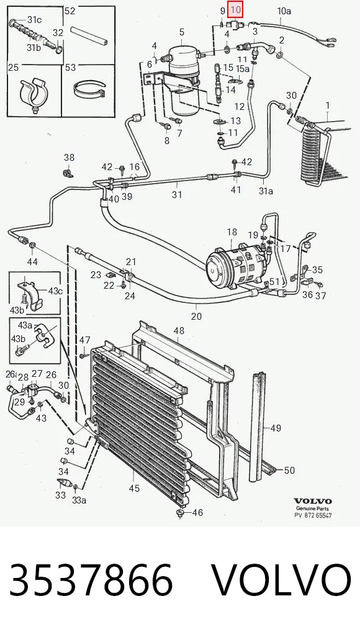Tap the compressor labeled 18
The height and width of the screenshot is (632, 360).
(236, 266)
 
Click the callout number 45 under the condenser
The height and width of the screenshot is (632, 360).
(134, 488)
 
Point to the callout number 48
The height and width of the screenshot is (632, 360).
(179, 330)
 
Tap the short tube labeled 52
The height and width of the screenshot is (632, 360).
(88, 35)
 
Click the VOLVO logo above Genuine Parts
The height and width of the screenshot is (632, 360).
(313, 501)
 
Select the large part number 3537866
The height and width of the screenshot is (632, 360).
(91, 580)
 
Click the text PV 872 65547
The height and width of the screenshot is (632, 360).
(313, 515)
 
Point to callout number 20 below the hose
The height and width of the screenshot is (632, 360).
(196, 316)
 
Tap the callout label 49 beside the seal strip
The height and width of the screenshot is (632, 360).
(276, 428)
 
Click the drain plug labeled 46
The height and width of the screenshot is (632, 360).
(180, 513)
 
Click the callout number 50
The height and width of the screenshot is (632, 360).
(289, 470)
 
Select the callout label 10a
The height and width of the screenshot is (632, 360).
(284, 11)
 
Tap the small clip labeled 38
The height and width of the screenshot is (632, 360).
(68, 173)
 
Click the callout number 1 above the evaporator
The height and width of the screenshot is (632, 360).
(328, 106)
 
